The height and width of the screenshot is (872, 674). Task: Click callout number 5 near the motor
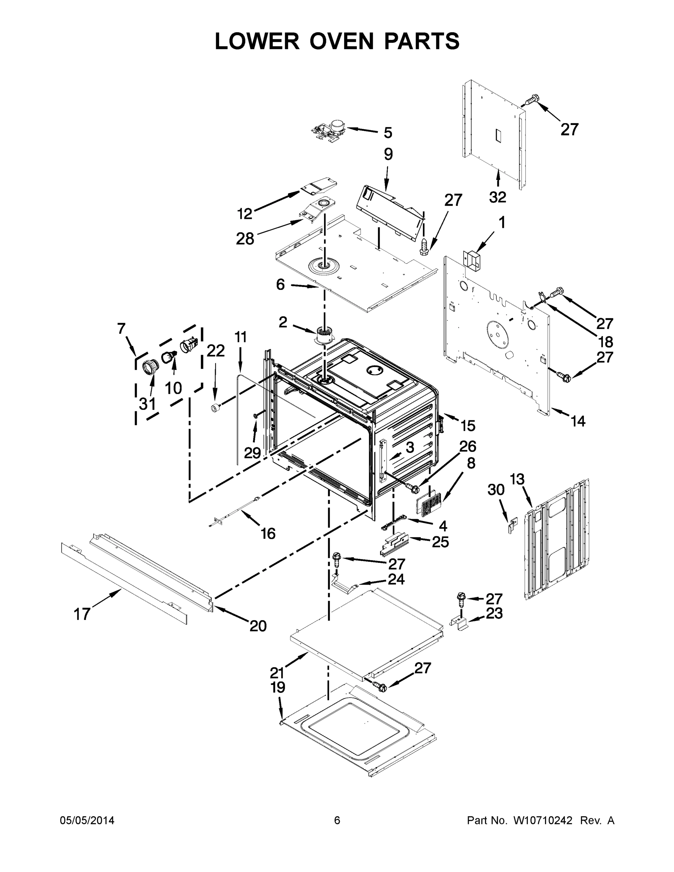click(388, 133)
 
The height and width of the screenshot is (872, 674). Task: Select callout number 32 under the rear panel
click(497, 197)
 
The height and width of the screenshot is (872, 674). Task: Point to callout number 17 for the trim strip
click(82, 614)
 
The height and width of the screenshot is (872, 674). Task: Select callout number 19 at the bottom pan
click(278, 687)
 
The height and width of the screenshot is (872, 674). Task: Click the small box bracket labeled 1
click(471, 261)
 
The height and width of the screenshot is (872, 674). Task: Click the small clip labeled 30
click(512, 525)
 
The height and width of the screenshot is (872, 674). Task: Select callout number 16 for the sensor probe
click(268, 533)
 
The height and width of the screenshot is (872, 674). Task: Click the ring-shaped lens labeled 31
click(150, 367)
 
